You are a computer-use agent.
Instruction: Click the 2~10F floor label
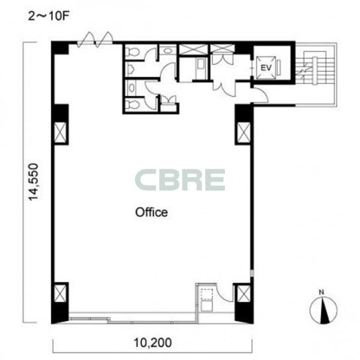pyautogui.click(x=48, y=17)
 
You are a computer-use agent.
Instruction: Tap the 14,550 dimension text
pyautogui.click(x=33, y=181)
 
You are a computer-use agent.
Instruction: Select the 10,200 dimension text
pyautogui.click(x=153, y=343)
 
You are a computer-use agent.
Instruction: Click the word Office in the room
pyautogui.click(x=152, y=212)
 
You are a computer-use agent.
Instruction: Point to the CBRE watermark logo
pyautogui.click(x=180, y=180)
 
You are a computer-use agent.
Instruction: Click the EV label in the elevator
pyautogui.click(x=266, y=67)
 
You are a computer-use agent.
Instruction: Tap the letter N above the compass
pyautogui.click(x=322, y=292)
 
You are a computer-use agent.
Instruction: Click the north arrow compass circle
pyautogui.click(x=324, y=310)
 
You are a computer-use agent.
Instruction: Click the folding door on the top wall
pyautogui.click(x=95, y=40)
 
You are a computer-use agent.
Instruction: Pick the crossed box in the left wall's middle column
pyautogui.click(x=60, y=132)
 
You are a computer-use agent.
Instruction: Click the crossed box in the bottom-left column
pyautogui.click(x=60, y=293)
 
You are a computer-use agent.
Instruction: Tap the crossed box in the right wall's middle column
pyautogui.click(x=244, y=132)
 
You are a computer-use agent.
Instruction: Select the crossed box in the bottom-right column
pyautogui.click(x=244, y=294)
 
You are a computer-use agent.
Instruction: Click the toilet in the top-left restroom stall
pyautogui.click(x=133, y=52)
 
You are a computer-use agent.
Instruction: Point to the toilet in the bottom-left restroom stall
pyautogui.click(x=133, y=105)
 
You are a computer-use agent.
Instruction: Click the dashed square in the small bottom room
pyautogui.click(x=206, y=294)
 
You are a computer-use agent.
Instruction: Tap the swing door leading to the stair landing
pyautogui.click(x=261, y=95)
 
